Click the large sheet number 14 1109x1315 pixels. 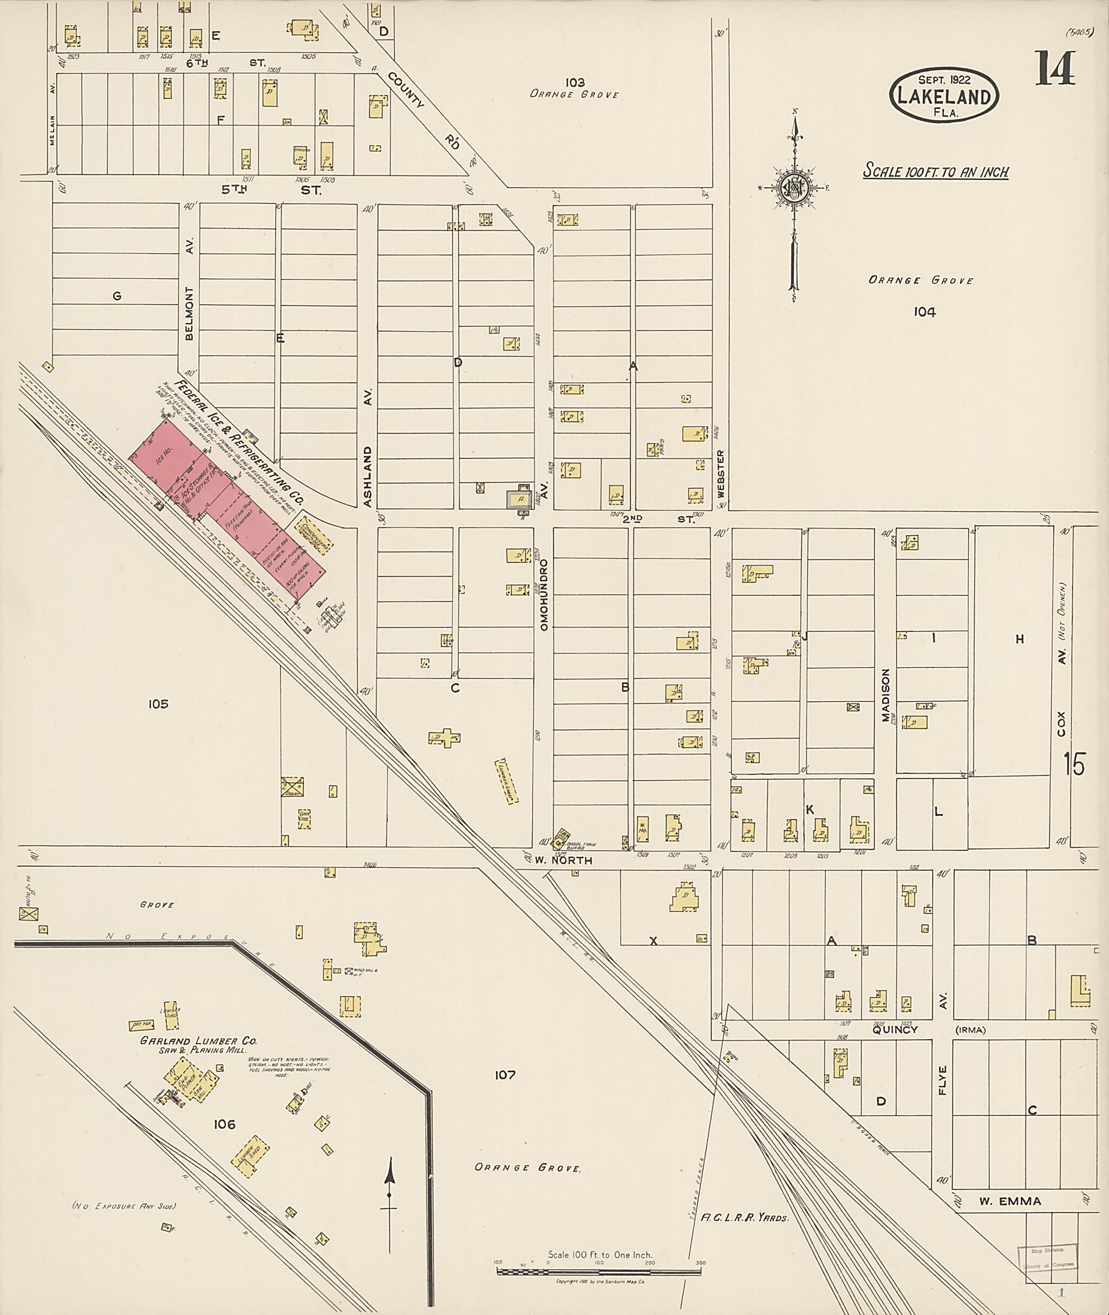(x=1055, y=69)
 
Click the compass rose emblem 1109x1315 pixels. (x=794, y=187)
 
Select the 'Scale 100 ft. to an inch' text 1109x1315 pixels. (x=936, y=172)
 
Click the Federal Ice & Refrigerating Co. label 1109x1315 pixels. (x=239, y=444)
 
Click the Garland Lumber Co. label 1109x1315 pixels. (x=198, y=1041)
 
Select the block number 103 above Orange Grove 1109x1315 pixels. (x=575, y=82)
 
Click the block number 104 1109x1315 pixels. (x=925, y=311)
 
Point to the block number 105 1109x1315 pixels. (x=159, y=703)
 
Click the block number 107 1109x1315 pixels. (x=505, y=1075)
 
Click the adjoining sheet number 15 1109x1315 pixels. (x=1074, y=764)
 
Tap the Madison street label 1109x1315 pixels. (x=886, y=695)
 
